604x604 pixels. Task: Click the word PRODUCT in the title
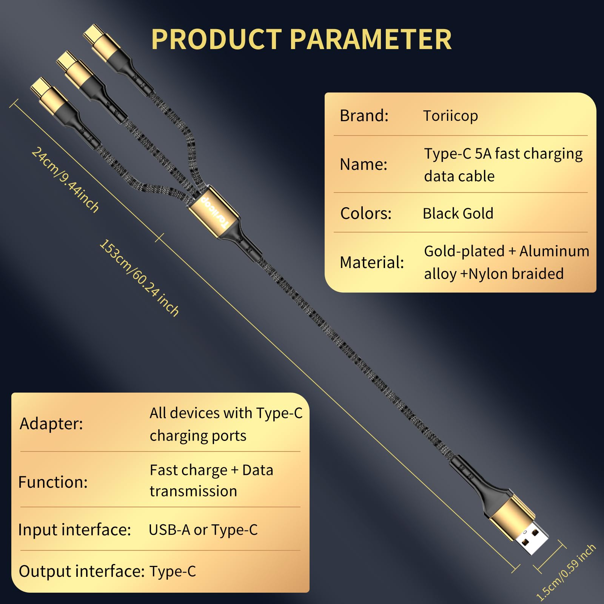coord(216,39)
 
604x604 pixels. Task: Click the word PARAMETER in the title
coord(371,39)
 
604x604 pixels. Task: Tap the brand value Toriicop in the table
coord(450,116)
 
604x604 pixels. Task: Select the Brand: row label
coord(364,116)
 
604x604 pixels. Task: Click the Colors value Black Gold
coord(458,213)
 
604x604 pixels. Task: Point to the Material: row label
coord(372,262)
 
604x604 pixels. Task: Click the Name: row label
coord(364,164)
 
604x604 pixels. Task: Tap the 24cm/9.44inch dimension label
coord(65,180)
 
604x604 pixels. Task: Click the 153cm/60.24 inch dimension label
coord(139,277)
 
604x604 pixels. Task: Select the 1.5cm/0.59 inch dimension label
coord(565,572)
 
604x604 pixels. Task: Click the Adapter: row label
coord(51,424)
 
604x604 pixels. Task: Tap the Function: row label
coord(53,482)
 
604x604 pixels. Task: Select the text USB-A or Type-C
coord(203,530)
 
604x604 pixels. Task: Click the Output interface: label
coord(82,571)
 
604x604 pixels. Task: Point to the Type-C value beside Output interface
coord(173,572)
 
